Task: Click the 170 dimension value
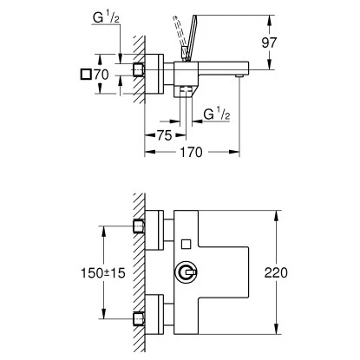coord(192,152)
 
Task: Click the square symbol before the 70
coord(85,75)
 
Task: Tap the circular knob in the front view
coord(185,274)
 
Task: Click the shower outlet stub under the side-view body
coord(184,94)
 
